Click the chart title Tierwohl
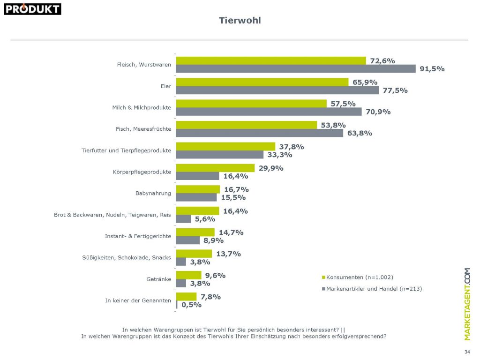(x=240, y=21)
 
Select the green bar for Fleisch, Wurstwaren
(x=270, y=60)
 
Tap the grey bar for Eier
(x=277, y=90)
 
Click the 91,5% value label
(x=432, y=69)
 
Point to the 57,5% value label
(x=343, y=104)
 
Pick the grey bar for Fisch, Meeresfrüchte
(x=259, y=133)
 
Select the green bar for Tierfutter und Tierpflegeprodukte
(x=225, y=146)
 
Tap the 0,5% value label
(x=191, y=305)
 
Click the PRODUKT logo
(x=32, y=9)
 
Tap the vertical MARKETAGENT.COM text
(x=467, y=304)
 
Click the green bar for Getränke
(x=188, y=275)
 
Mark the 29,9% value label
(x=270, y=168)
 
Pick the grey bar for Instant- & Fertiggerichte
(x=187, y=240)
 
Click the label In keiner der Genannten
(x=138, y=300)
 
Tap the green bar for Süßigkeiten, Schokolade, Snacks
(x=194, y=254)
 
